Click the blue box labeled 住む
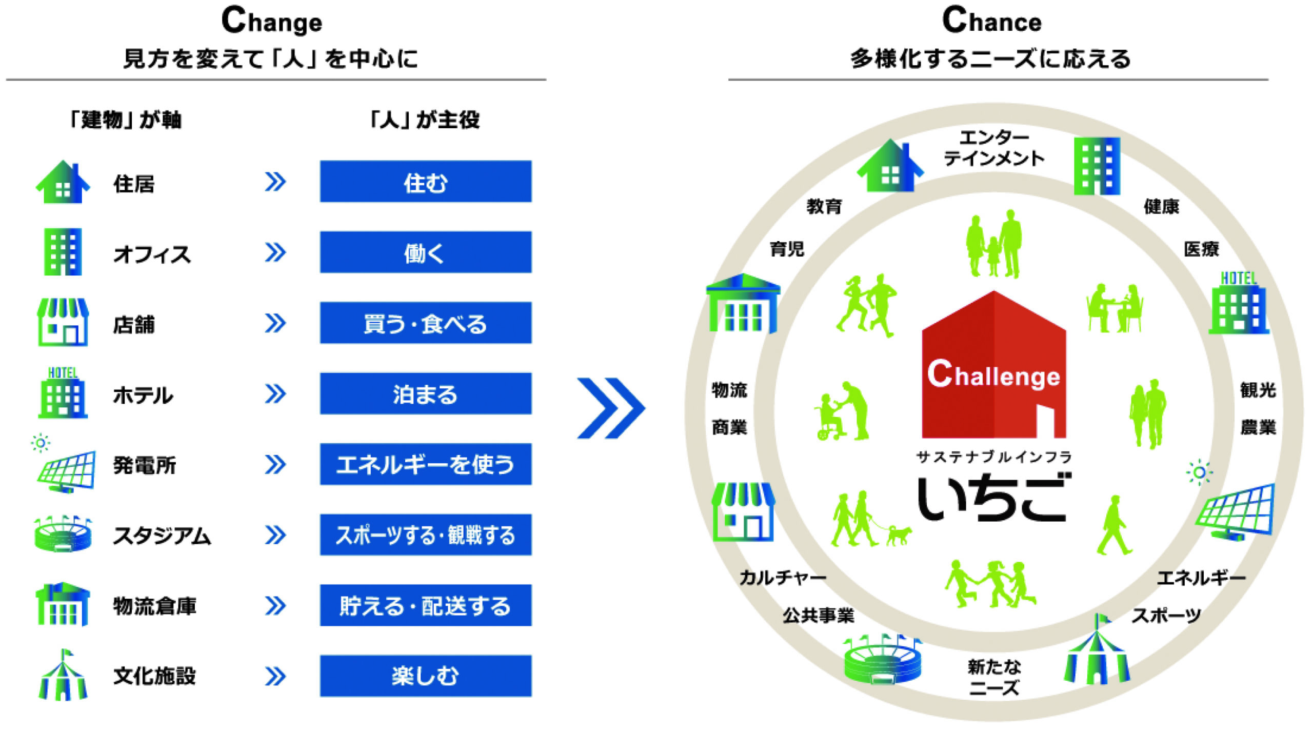point(425,182)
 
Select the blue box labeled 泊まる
point(425,394)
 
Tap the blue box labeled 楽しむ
point(425,676)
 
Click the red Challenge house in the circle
point(993,369)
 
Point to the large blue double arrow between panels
point(610,408)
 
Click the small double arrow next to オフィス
point(275,252)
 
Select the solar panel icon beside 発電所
point(66,469)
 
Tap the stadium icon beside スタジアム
point(63,535)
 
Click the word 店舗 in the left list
point(134,325)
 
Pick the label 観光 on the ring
point(1257,390)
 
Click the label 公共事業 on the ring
point(818,615)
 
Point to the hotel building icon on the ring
point(1239,305)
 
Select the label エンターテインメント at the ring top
point(993,148)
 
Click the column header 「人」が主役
point(425,120)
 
